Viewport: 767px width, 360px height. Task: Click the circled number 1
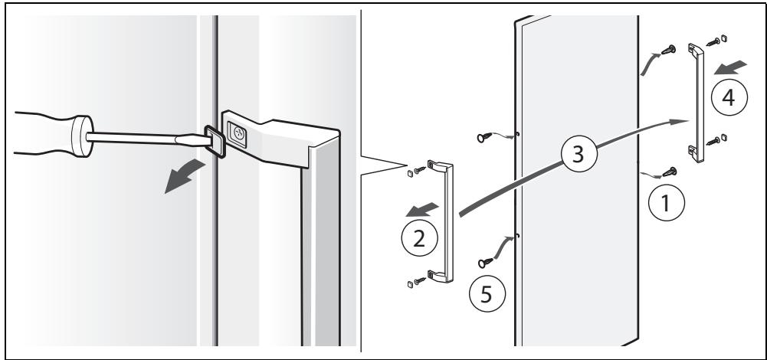664,203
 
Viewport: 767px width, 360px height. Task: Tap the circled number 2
419,237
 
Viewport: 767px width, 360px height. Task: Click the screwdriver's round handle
77,136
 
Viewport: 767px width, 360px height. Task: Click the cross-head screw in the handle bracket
238,133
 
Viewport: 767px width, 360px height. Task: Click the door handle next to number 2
444,222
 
